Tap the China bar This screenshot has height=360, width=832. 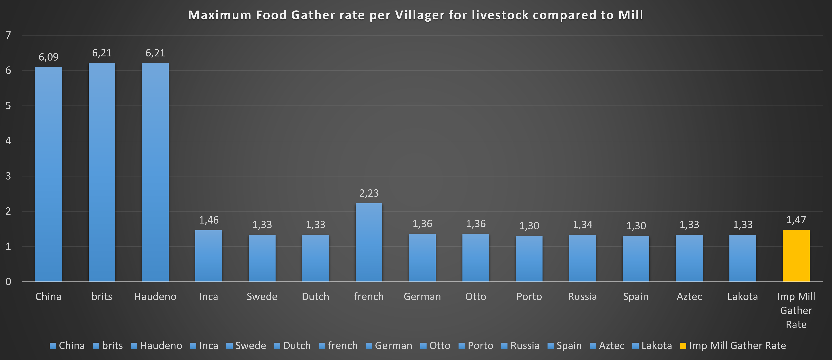48,174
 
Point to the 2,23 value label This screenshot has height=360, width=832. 369,193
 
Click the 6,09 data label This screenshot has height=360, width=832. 48,57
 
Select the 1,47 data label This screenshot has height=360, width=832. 796,220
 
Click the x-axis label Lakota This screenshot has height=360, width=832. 742,296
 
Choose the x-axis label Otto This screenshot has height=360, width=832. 476,296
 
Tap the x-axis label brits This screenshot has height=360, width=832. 102,296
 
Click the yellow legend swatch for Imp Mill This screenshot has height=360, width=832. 683,346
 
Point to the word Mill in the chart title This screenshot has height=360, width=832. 630,15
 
